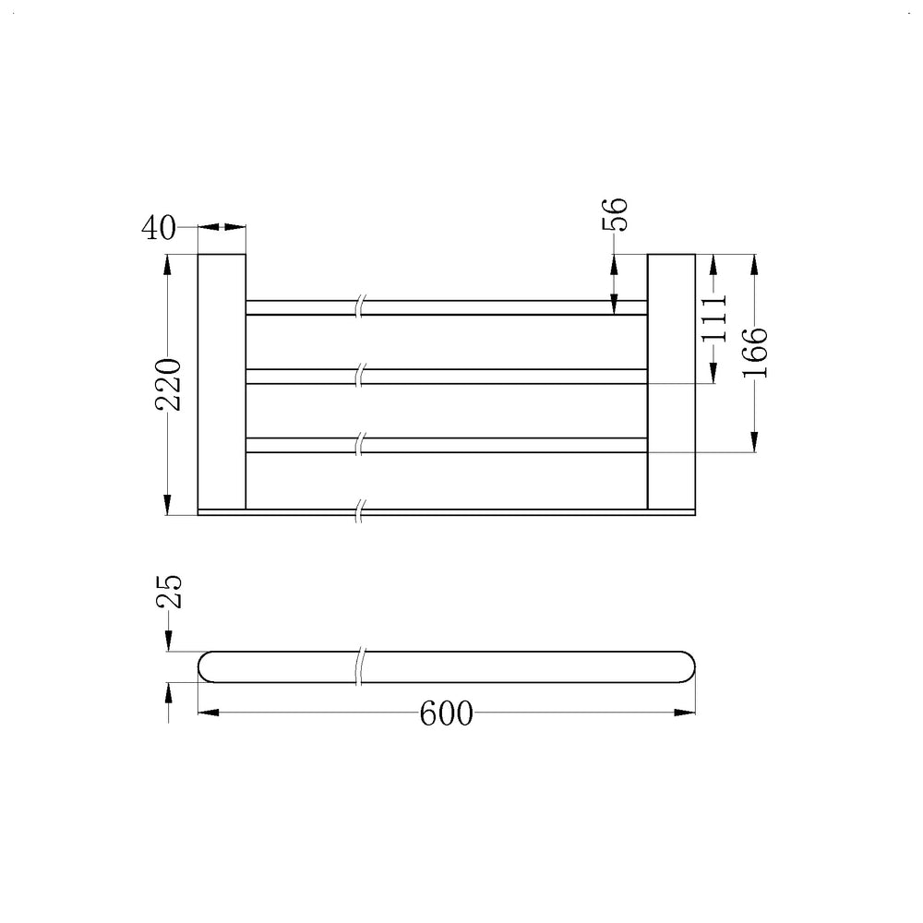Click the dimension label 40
pyautogui.click(x=159, y=227)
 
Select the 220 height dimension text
pyautogui.click(x=168, y=384)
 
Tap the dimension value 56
pyautogui.click(x=615, y=214)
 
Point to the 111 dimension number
pyautogui.click(x=714, y=318)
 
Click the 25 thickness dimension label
pyautogui.click(x=169, y=592)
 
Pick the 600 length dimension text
pyautogui.click(x=446, y=713)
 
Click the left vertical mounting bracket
pyautogui.click(x=222, y=381)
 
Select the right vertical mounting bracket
pyautogui.click(x=671, y=381)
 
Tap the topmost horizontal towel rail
pyautogui.click(x=446, y=307)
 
